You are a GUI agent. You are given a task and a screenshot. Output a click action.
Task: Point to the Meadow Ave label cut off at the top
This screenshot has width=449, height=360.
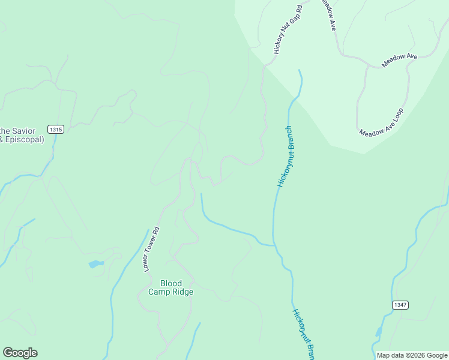pyautogui.click(x=328, y=14)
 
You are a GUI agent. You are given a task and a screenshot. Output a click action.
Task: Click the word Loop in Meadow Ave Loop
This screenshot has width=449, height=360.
pyautogui.click(x=397, y=114)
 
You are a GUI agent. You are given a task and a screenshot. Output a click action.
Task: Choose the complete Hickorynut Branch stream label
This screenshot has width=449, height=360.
pyautogui.click(x=286, y=156)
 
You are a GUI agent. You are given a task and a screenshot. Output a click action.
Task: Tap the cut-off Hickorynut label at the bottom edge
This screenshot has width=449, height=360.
pyautogui.click(x=304, y=334)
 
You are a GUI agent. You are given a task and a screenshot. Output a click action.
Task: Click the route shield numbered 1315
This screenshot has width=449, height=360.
pyautogui.click(x=56, y=130)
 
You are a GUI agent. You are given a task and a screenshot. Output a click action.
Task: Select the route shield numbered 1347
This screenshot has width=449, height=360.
pyautogui.click(x=401, y=305)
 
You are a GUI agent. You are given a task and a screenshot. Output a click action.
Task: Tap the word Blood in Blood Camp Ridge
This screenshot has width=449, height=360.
pyautogui.click(x=170, y=283)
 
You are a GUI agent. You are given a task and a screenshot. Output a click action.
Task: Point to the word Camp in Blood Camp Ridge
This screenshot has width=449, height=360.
pyautogui.click(x=160, y=292)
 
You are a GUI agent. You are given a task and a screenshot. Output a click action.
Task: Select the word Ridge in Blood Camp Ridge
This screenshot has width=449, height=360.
pyautogui.click(x=182, y=292)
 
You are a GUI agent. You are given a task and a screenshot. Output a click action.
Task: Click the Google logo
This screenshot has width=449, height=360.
pyautogui.click(x=20, y=353)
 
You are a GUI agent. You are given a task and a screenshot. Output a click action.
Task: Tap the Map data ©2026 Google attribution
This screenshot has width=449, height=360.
pyautogui.click(x=412, y=355)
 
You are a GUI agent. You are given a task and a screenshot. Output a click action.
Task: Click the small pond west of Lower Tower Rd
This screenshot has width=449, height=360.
pyautogui.click(x=96, y=263)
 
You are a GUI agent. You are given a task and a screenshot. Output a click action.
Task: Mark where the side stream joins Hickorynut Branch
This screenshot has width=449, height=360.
pyautogui.click(x=274, y=245)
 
